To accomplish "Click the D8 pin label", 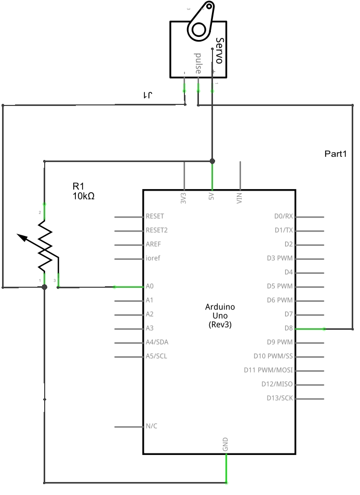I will pos(288,328).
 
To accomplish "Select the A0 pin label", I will pos(150,286).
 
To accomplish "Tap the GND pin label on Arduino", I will pos(225,444).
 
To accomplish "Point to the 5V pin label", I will pos(211,198).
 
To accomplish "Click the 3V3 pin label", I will pos(183,198).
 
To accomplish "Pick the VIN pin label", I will pos(239,198).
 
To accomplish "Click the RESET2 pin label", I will pos(157,230).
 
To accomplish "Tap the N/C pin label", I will pos(151,426).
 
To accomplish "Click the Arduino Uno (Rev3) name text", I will pos(220,315).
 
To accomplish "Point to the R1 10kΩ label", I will pos(83,191).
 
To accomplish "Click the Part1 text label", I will pos(335,154).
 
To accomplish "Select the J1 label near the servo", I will pos(149,96).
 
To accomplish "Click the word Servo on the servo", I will pos(219,50).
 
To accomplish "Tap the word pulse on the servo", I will pos(197,63).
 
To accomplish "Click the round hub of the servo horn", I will pos(198,30).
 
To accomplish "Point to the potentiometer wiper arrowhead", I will pos(21,237).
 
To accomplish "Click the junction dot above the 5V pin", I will pos(212,161).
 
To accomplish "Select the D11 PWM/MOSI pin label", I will pos(268,370).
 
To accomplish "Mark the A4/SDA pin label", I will pos(157,342).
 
